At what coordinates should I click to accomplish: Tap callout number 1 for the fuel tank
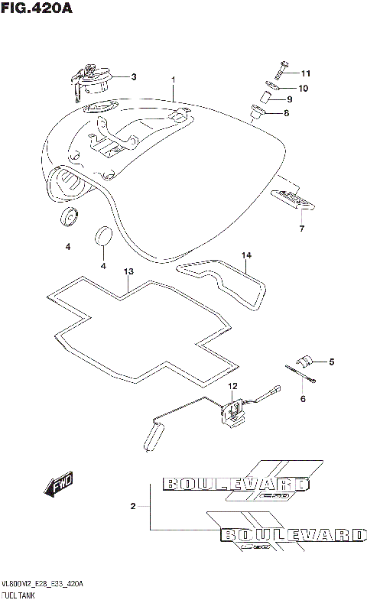tap(174, 79)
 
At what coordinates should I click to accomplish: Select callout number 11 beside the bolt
tap(306, 74)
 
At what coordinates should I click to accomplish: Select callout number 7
tap(301, 229)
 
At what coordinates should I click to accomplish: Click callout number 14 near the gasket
tap(246, 255)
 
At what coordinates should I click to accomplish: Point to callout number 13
tap(129, 271)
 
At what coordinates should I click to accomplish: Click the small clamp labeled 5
tap(304, 362)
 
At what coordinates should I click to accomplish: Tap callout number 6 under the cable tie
tap(303, 399)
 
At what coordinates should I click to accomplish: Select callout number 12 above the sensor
tap(232, 386)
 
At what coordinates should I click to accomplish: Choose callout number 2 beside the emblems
tap(133, 506)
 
